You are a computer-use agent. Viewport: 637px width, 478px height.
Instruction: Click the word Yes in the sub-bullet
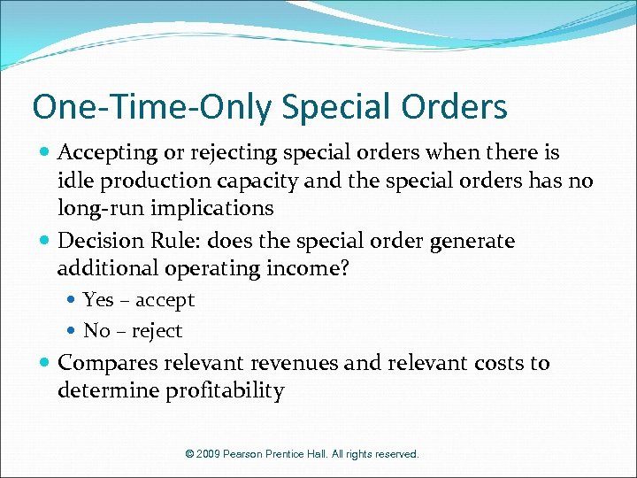tap(98, 300)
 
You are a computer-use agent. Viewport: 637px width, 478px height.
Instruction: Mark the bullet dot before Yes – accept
tap(73, 301)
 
